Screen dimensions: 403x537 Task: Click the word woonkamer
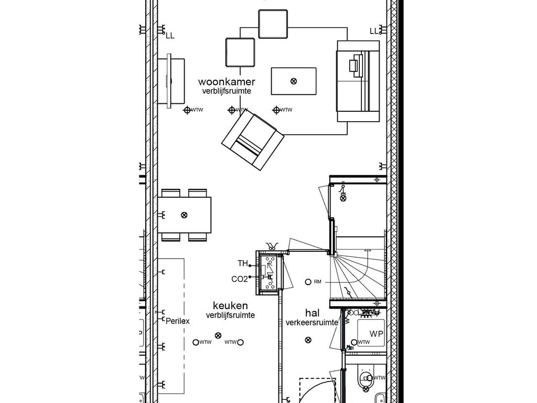(227, 82)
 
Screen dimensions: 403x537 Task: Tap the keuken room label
(230, 305)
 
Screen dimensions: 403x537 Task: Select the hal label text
(312, 313)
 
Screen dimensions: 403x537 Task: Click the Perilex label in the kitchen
(177, 321)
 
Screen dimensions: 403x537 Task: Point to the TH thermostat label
(243, 263)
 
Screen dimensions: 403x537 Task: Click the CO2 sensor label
(239, 279)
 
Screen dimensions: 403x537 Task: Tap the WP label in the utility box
(376, 334)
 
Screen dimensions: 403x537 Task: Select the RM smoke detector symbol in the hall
(308, 282)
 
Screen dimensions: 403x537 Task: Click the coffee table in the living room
(293, 81)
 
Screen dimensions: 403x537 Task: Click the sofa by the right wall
(358, 81)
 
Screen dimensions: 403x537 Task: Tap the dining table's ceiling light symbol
(184, 215)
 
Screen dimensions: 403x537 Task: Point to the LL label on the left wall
(170, 36)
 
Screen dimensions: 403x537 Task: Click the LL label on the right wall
(374, 31)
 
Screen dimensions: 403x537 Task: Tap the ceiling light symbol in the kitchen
(218, 336)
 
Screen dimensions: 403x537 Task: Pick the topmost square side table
(273, 24)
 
